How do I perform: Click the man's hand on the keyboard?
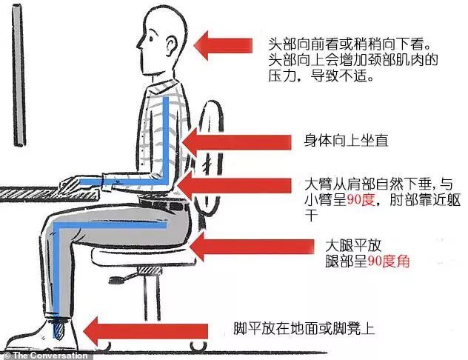tap(75, 181)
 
